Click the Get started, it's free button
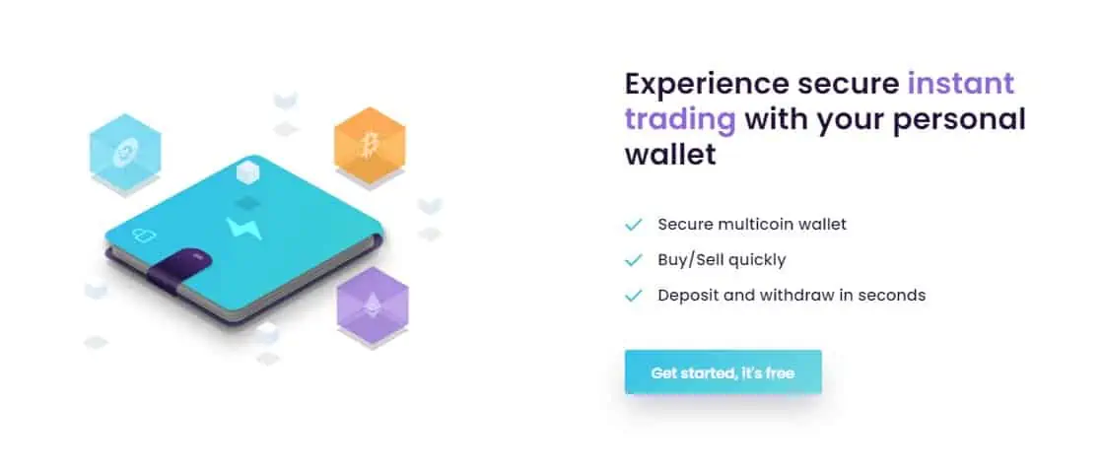coord(723,372)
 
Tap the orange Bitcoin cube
coord(369,145)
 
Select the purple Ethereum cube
coord(372,305)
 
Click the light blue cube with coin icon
coord(125,150)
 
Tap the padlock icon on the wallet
coord(143,236)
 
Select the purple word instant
coord(961,84)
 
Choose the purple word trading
coord(679,120)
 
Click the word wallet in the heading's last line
coord(669,154)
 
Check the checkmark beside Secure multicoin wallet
coord(633,225)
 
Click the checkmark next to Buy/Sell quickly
coord(633,260)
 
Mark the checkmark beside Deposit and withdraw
coord(633,296)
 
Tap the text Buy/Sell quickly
coord(722,260)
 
